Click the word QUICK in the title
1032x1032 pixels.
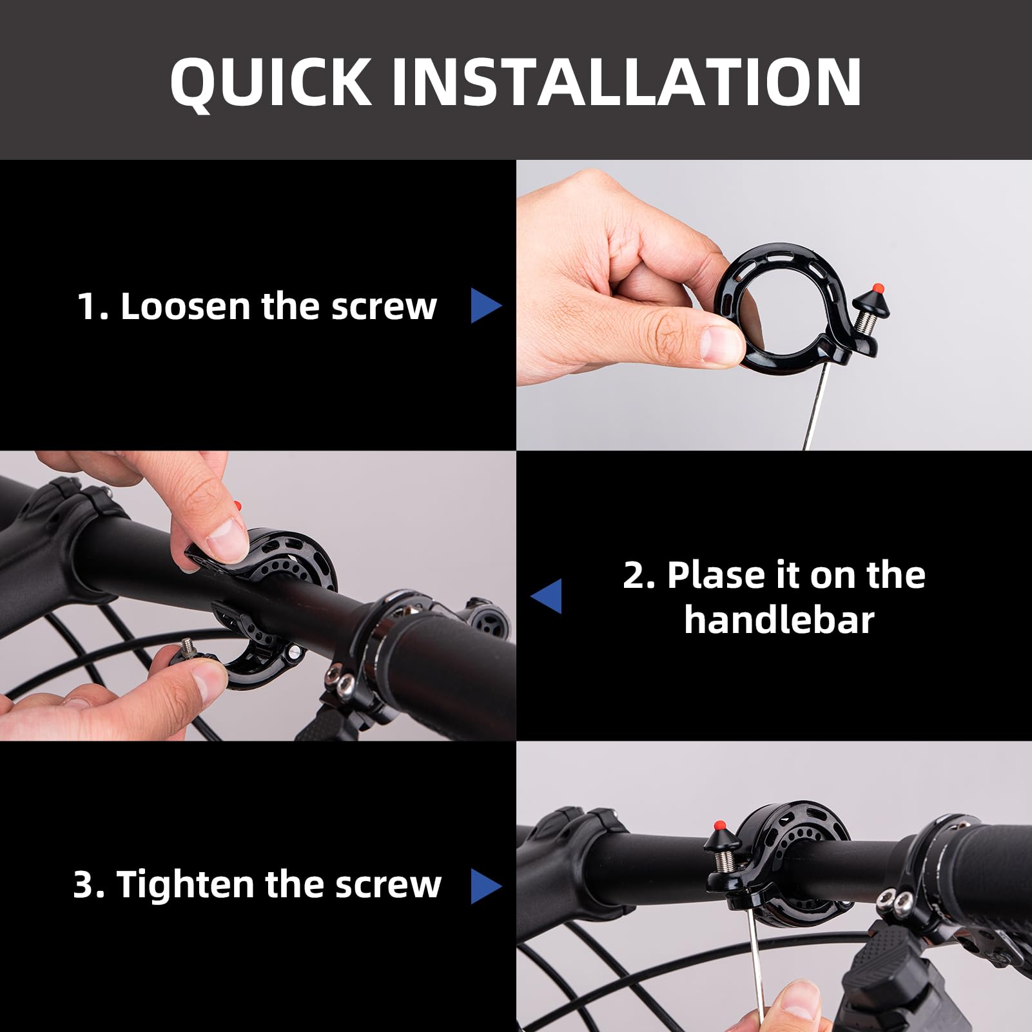(x=271, y=82)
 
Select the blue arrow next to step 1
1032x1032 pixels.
(x=485, y=306)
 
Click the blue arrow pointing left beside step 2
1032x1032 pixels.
(x=547, y=596)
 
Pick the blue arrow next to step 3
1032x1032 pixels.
(x=485, y=886)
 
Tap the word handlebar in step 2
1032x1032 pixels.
(x=779, y=620)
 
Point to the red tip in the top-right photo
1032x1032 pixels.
(x=877, y=288)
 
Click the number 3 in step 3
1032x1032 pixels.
(x=84, y=884)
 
